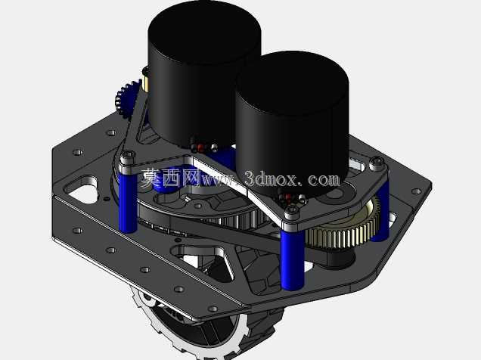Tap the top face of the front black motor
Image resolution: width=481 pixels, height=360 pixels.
(x=292, y=82)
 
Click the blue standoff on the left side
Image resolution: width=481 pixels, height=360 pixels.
(x=128, y=203)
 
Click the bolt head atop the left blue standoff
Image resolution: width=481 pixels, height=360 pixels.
(x=127, y=154)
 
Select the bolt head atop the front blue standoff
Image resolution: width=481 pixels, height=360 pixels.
(x=291, y=210)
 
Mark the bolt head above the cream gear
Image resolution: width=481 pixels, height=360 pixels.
(x=377, y=161)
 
